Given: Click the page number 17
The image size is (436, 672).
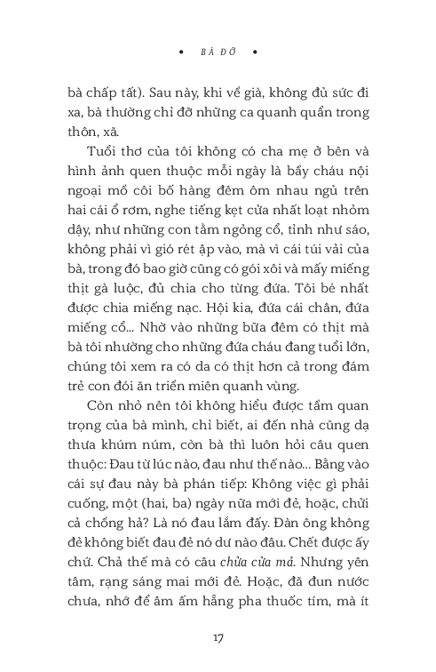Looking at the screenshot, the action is [x=218, y=637].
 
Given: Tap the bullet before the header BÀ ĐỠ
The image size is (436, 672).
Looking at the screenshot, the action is [x=180, y=52].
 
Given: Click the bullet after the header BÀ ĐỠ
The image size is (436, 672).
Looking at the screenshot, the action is [x=255, y=52].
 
